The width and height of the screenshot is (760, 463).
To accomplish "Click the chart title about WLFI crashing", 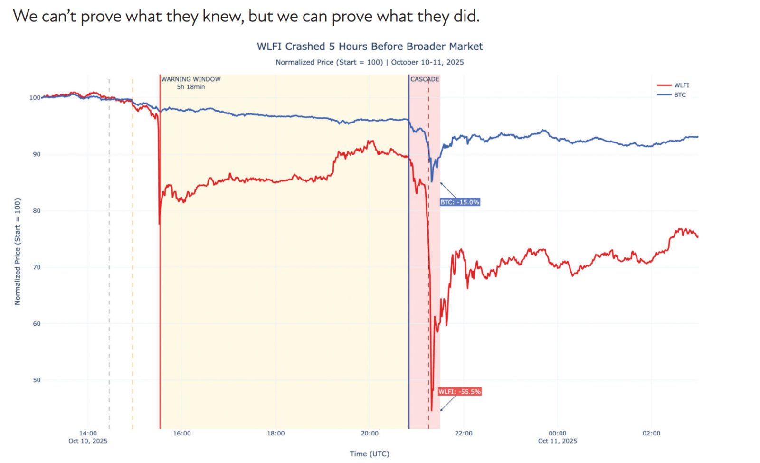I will point(370,47).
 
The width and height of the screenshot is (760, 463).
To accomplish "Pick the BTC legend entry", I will point(680,95).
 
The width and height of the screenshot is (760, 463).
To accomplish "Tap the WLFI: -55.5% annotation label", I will point(459,392).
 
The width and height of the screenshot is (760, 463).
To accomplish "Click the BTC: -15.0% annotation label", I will point(460,202).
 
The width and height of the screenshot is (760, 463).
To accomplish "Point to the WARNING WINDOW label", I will point(191,79).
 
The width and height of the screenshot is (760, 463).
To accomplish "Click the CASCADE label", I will point(425,79).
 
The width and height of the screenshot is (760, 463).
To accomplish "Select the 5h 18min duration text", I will point(191,87).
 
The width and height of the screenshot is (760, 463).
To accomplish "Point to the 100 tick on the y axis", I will point(35,98).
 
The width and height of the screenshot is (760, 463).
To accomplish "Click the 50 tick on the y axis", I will point(37,380).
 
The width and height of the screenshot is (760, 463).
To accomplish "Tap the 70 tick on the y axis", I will point(37,267).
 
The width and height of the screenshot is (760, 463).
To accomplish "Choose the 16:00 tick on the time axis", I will point(182,433).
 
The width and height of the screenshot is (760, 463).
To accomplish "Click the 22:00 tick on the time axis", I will point(464,433).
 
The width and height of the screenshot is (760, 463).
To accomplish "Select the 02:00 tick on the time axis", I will point(651,433).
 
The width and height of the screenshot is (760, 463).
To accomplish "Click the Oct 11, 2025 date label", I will point(557,441).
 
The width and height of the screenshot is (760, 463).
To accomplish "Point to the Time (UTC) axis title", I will point(370,454).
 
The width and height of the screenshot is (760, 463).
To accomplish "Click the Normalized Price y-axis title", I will point(18,252).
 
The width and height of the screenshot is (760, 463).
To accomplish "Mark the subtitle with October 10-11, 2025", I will point(370,62).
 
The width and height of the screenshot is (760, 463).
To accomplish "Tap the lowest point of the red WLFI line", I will point(431,410).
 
